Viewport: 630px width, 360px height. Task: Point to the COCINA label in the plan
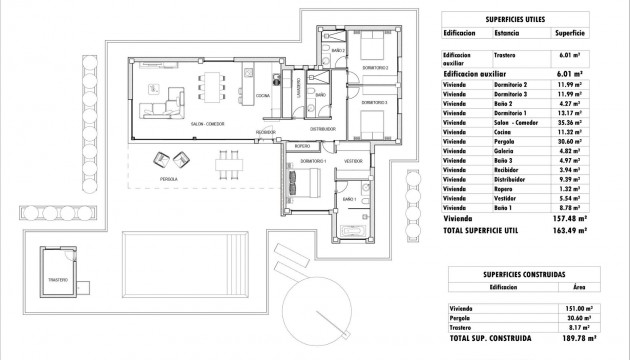point(262,96)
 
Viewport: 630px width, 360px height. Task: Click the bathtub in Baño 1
point(355,231)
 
